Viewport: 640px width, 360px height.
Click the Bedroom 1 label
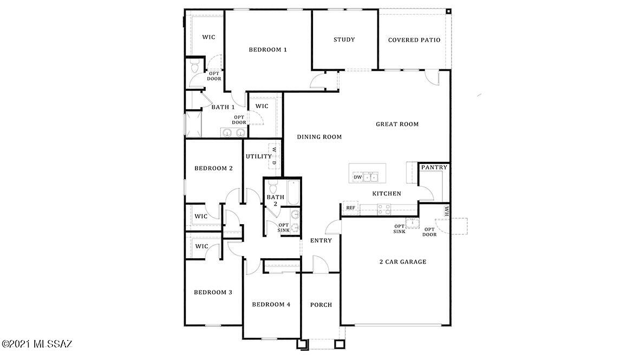click(x=268, y=50)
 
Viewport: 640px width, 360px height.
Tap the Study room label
click(x=344, y=40)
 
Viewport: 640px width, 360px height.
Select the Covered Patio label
click(x=414, y=40)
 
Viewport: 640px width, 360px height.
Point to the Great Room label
click(x=397, y=124)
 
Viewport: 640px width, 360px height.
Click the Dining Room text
click(x=319, y=137)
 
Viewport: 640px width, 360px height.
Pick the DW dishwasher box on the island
click(x=357, y=177)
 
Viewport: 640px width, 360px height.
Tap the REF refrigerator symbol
click(x=351, y=208)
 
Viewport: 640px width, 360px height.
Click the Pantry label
click(x=434, y=167)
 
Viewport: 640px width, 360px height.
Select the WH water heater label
click(x=447, y=211)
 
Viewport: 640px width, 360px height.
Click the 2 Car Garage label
click(x=403, y=261)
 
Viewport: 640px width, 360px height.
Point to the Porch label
click(x=321, y=304)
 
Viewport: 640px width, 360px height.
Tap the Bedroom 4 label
click(x=271, y=304)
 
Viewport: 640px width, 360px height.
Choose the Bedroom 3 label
click(x=213, y=292)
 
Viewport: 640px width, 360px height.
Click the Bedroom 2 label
click(x=213, y=168)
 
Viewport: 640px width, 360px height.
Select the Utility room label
click(x=259, y=156)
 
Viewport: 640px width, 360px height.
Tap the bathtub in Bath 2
click(x=292, y=193)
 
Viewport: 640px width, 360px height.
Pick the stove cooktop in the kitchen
click(x=384, y=210)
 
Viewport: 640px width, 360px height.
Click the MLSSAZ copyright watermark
click(x=37, y=344)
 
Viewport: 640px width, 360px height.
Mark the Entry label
click(x=321, y=240)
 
